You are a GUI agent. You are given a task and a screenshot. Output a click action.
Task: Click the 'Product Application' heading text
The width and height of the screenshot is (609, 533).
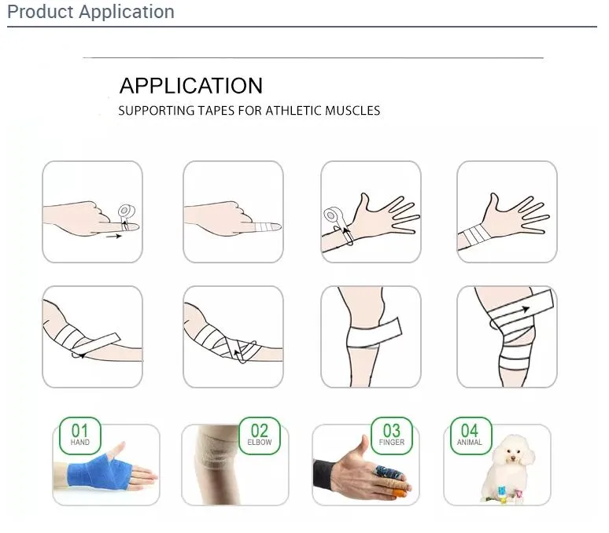click(x=90, y=12)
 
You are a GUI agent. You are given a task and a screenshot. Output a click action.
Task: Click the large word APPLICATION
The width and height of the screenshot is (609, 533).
click(x=190, y=86)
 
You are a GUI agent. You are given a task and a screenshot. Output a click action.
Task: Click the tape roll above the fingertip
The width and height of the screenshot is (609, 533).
click(x=124, y=211)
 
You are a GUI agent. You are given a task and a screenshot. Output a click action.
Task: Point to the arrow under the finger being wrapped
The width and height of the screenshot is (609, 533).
click(x=113, y=235)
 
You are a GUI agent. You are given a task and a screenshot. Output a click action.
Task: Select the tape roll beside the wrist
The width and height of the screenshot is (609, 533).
click(x=334, y=215)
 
